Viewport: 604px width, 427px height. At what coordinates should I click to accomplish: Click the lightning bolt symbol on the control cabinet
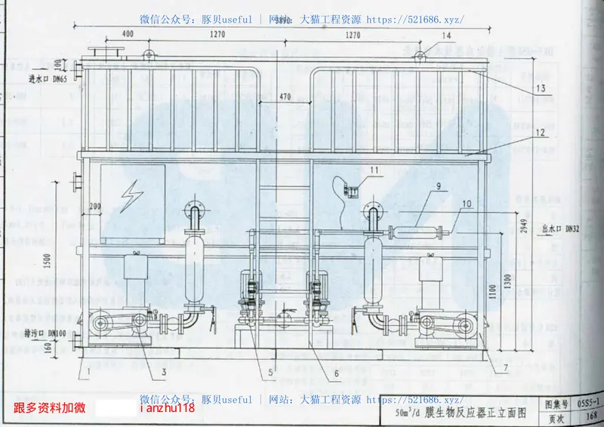(134, 194)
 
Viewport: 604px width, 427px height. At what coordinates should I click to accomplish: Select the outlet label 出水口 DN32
(561, 229)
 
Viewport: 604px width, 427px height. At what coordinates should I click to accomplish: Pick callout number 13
(541, 88)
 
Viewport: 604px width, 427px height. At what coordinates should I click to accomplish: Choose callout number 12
(541, 132)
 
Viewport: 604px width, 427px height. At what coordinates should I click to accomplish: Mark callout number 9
(437, 186)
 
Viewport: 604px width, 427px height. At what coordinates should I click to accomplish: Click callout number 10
(466, 203)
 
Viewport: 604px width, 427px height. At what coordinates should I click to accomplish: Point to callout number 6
(336, 373)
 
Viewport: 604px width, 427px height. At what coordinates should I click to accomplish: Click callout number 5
(270, 373)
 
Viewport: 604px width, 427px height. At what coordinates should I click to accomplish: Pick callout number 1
(88, 371)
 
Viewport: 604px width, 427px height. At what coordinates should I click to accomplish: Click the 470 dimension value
(284, 97)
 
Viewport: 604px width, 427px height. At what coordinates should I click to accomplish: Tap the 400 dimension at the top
(127, 34)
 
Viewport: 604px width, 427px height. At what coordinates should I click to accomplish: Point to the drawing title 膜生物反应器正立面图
(476, 413)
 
